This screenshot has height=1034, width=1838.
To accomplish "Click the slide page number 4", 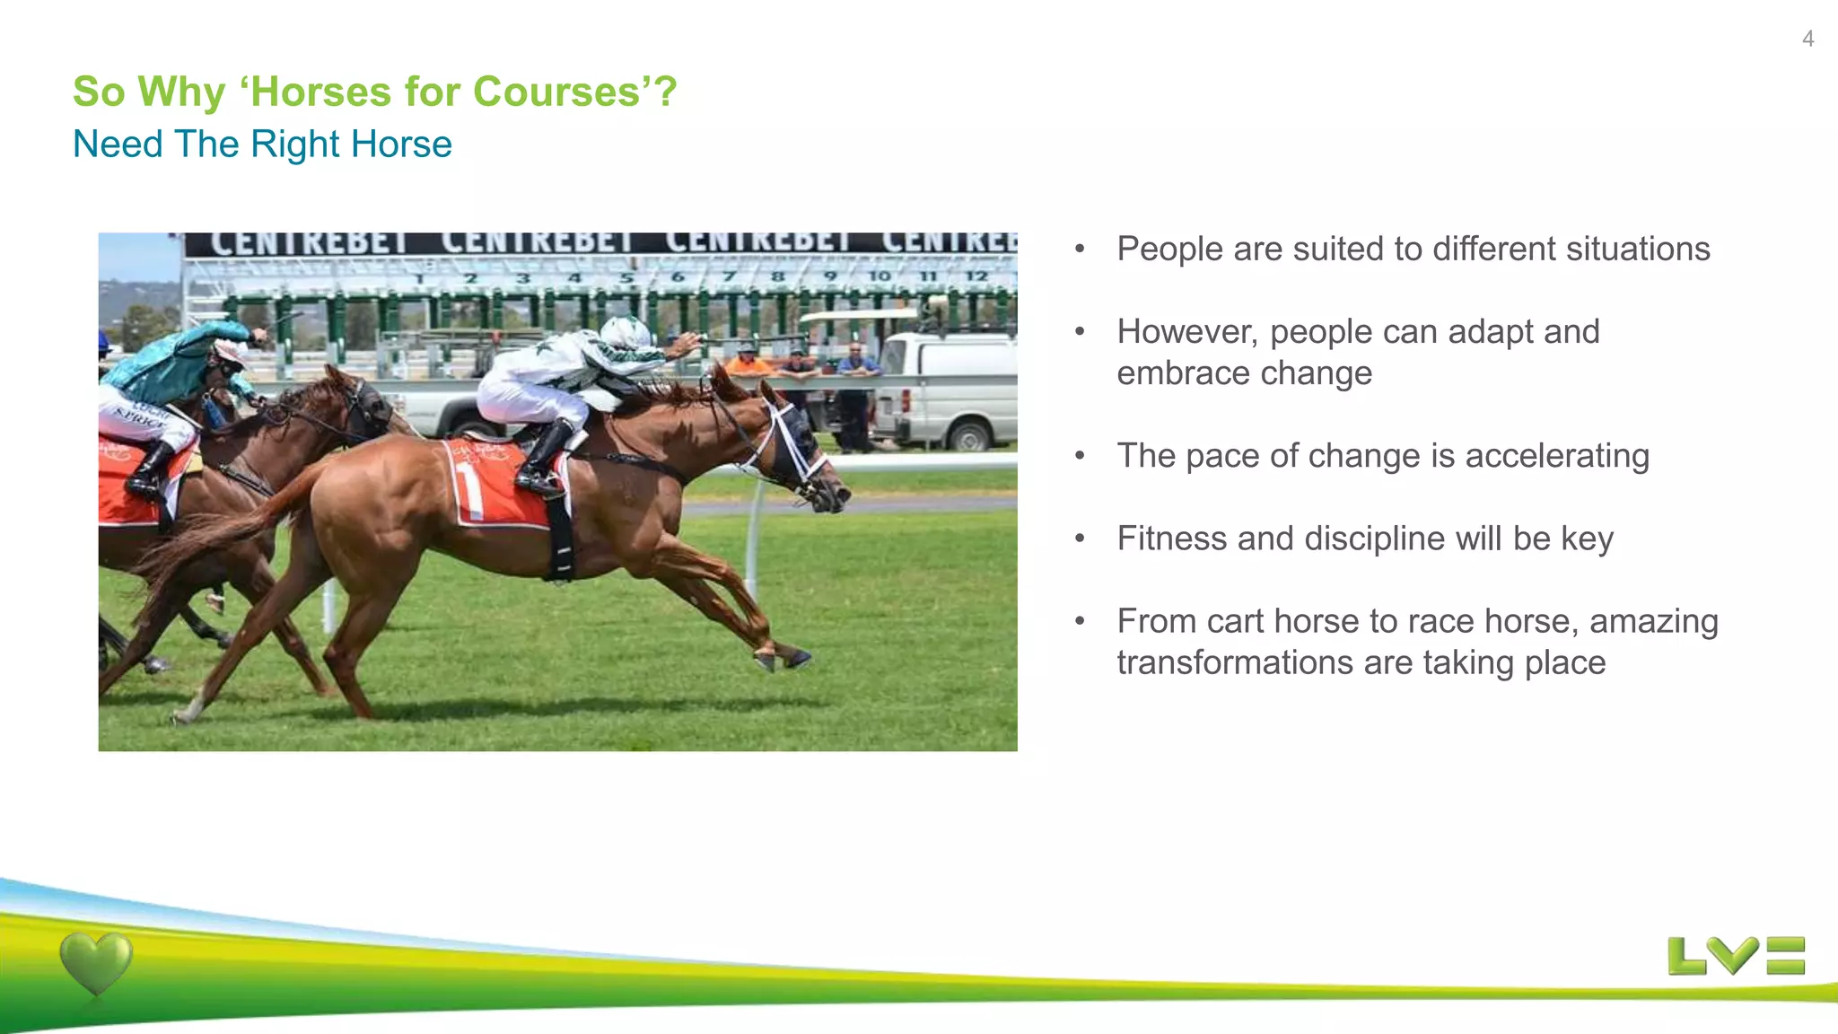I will pos(1807,39).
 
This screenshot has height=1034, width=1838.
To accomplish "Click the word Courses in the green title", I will pos(556,92).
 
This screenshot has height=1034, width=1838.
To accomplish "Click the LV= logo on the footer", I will pos(1736,956).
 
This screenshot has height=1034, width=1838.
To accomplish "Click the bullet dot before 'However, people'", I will pos(1081,332).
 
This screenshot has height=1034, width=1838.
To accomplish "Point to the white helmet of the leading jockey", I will pos(626,332).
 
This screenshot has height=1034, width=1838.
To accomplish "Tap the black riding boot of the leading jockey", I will pos(547,458).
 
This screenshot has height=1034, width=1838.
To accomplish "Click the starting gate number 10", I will pos(880,276).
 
